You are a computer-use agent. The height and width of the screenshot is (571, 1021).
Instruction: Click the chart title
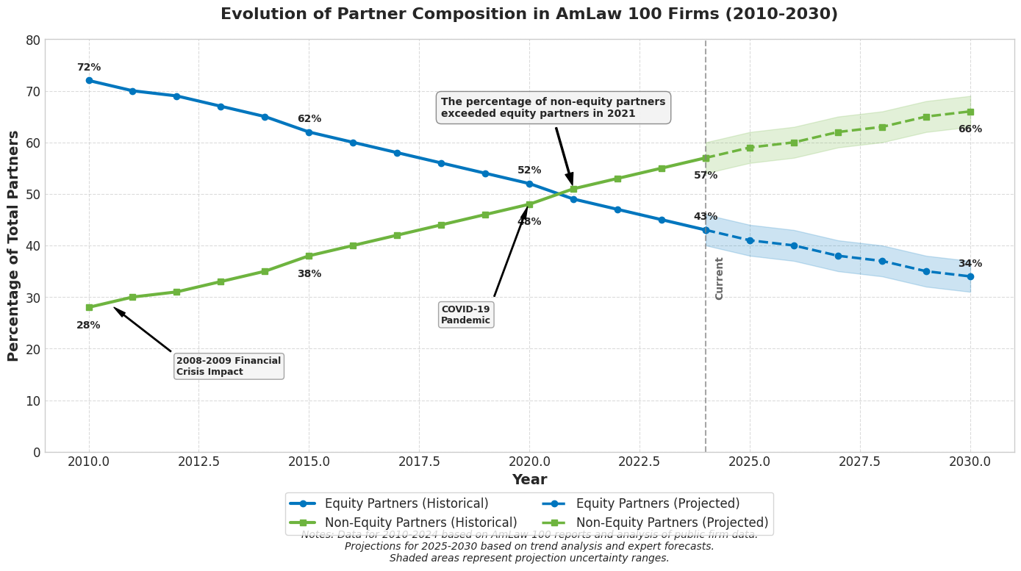click(x=529, y=15)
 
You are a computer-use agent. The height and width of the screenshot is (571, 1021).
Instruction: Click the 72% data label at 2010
click(x=88, y=68)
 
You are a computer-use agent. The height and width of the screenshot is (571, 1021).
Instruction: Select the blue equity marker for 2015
click(x=309, y=132)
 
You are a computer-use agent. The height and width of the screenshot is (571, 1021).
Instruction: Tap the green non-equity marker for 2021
click(x=573, y=189)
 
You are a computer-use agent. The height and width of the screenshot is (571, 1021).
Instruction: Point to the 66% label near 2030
click(x=970, y=129)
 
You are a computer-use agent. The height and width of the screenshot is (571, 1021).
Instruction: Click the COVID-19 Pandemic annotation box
click(x=465, y=315)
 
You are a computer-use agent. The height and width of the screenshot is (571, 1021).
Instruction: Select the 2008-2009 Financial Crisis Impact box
click(x=229, y=366)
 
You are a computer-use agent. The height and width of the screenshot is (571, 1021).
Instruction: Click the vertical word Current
click(x=720, y=278)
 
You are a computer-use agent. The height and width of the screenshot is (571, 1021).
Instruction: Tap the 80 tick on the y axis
click(x=33, y=40)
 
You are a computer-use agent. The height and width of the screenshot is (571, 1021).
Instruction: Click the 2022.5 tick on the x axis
click(x=640, y=462)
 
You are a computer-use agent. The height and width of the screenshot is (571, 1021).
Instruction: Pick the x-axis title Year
click(x=529, y=480)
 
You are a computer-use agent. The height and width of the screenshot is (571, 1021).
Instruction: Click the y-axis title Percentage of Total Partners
click(x=14, y=245)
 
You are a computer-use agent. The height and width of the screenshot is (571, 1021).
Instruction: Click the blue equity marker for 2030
click(x=970, y=276)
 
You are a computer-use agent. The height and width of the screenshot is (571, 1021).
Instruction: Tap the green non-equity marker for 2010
click(x=89, y=307)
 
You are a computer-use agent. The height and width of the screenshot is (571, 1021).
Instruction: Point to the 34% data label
click(x=970, y=264)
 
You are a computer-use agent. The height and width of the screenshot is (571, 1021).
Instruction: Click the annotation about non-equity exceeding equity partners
click(x=553, y=108)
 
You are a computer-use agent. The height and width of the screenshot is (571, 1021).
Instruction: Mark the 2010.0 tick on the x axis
click(x=89, y=462)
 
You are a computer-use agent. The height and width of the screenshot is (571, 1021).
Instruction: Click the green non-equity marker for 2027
click(x=838, y=132)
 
